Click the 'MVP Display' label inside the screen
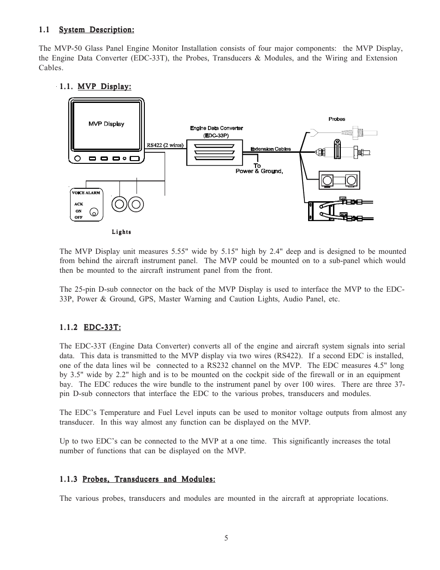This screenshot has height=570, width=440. coord(106,124)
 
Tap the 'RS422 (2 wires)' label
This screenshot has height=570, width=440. coord(165,145)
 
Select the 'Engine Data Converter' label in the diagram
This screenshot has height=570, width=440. coord(216,128)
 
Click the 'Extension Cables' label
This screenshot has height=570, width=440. coord(271,149)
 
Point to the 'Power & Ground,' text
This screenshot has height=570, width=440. coord(259,171)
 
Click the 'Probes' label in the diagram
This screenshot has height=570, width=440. coord(337,119)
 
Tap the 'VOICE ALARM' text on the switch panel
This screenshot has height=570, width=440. coord(86,193)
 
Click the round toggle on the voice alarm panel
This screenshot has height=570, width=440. coord(94,212)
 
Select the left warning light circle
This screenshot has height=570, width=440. coord(119,204)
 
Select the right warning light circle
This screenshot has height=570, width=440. coord(136,204)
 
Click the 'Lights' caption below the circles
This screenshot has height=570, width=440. coord(121,232)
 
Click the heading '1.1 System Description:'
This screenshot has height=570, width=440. coord(87,30)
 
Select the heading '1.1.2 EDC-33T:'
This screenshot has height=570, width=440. coord(90,327)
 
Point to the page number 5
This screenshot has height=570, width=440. coord(226,538)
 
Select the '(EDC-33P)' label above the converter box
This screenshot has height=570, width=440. coord(216,136)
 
